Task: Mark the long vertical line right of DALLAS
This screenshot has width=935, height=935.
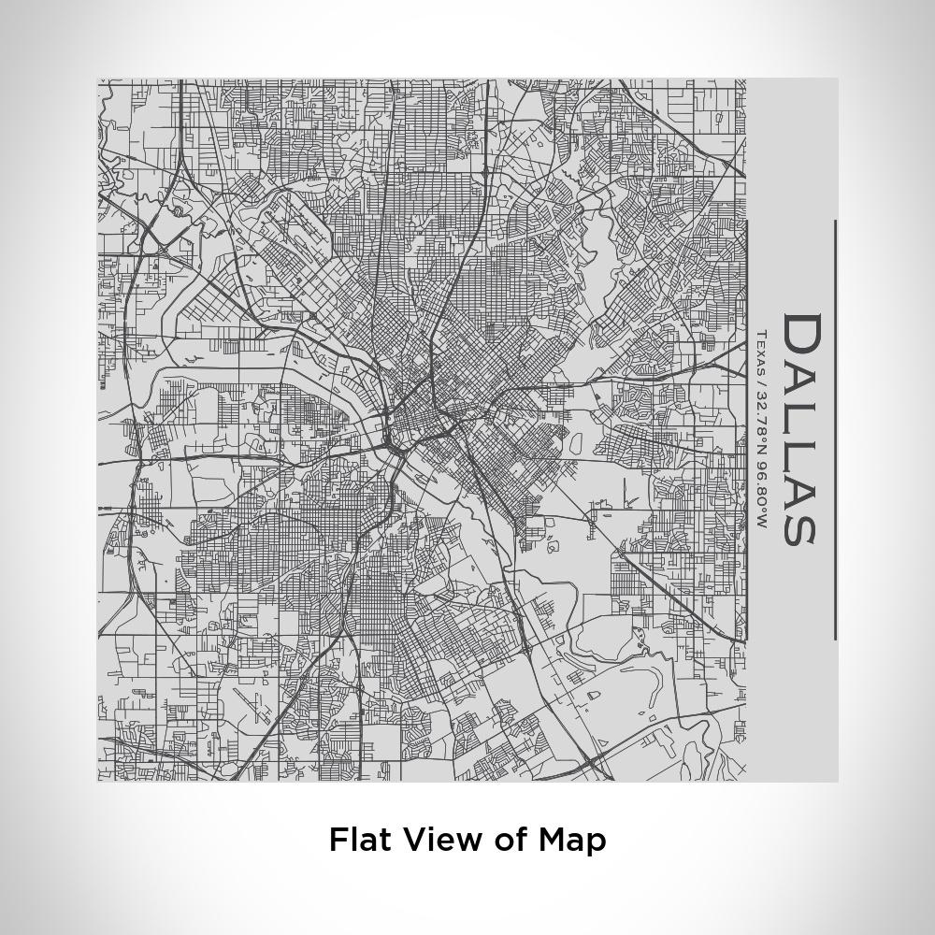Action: point(835,430)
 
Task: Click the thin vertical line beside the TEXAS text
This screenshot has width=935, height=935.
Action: point(747,430)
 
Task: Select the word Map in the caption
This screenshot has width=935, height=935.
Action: point(572,840)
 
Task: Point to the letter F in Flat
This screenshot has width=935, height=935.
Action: point(338,839)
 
